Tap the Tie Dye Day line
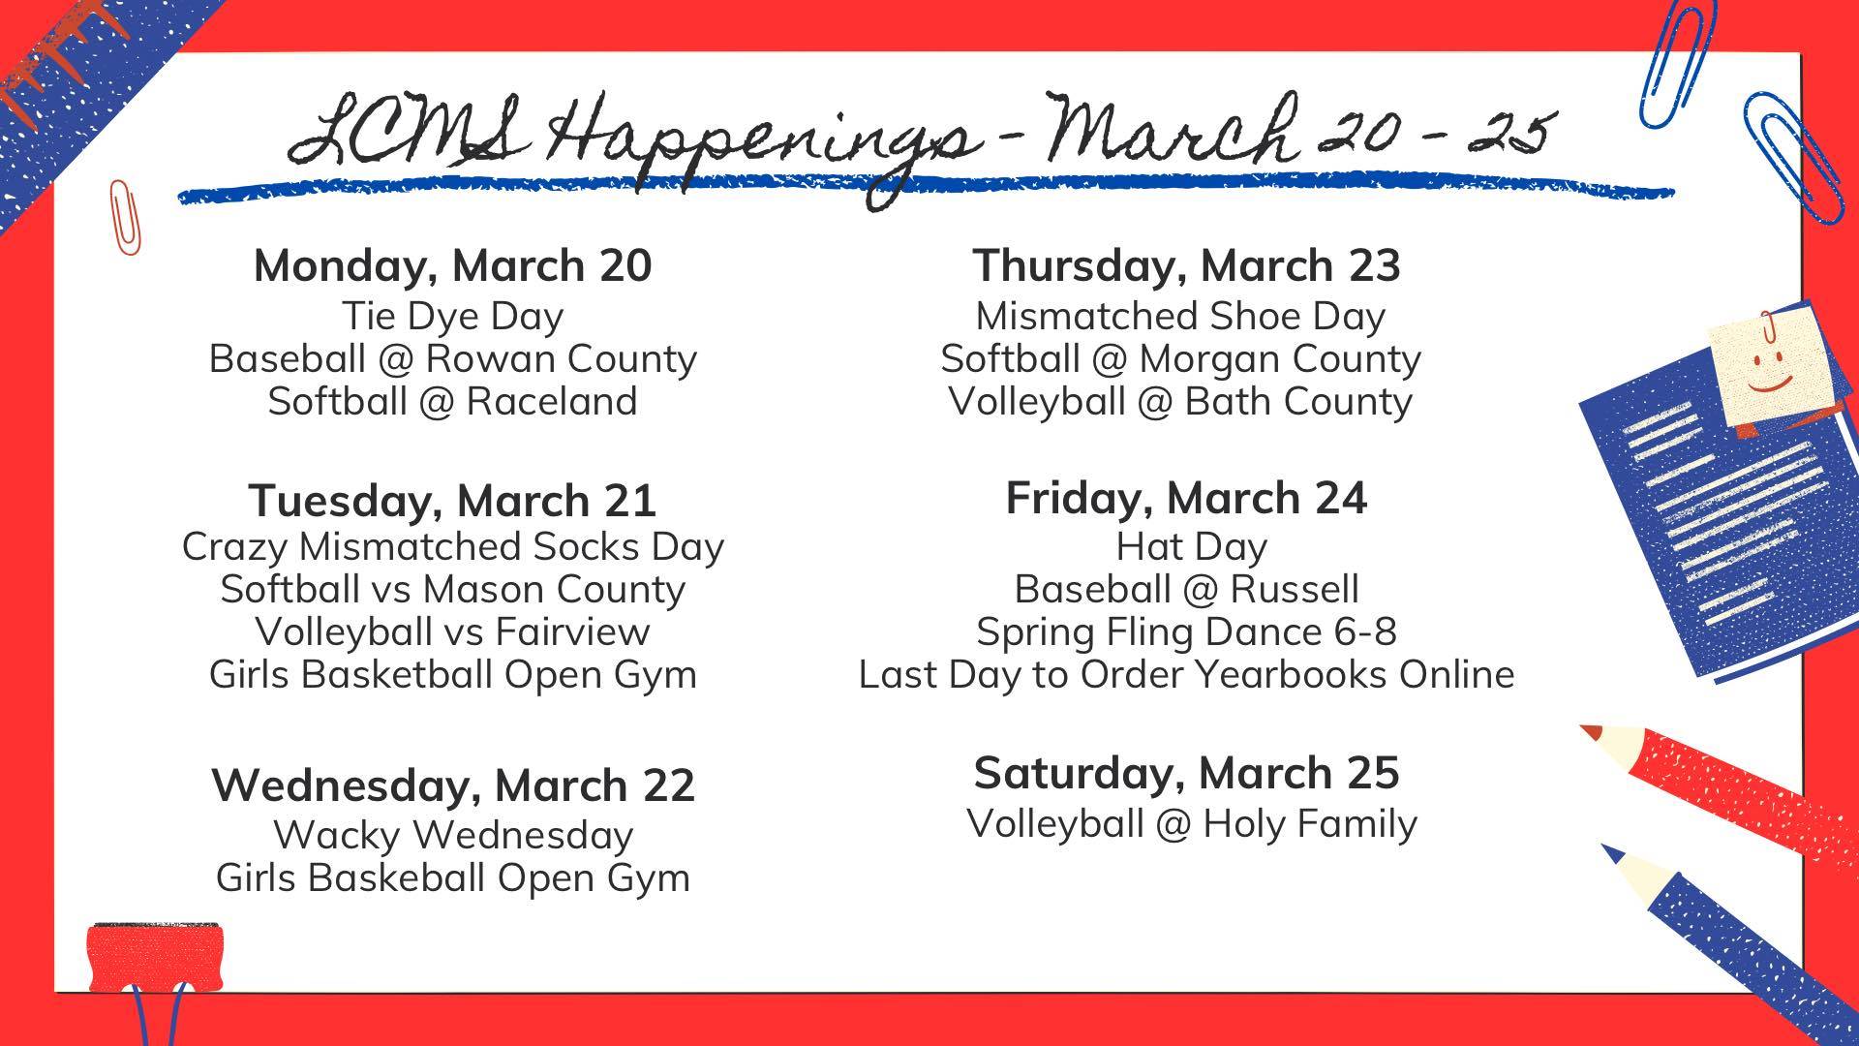(453, 317)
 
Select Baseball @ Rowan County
(453, 359)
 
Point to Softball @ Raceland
(453, 401)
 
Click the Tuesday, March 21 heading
(453, 501)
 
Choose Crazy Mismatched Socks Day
(453, 547)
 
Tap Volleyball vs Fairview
(453, 631)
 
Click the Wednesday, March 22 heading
(453, 784)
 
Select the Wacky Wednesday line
(453, 835)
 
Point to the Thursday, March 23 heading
(1187, 265)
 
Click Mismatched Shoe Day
(1181, 317)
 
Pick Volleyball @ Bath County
(1181, 402)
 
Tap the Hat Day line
(1192, 547)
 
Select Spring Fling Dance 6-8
(1187, 631)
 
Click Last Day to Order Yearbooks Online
(1187, 674)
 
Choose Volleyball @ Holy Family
(1192, 824)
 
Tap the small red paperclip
(124, 217)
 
